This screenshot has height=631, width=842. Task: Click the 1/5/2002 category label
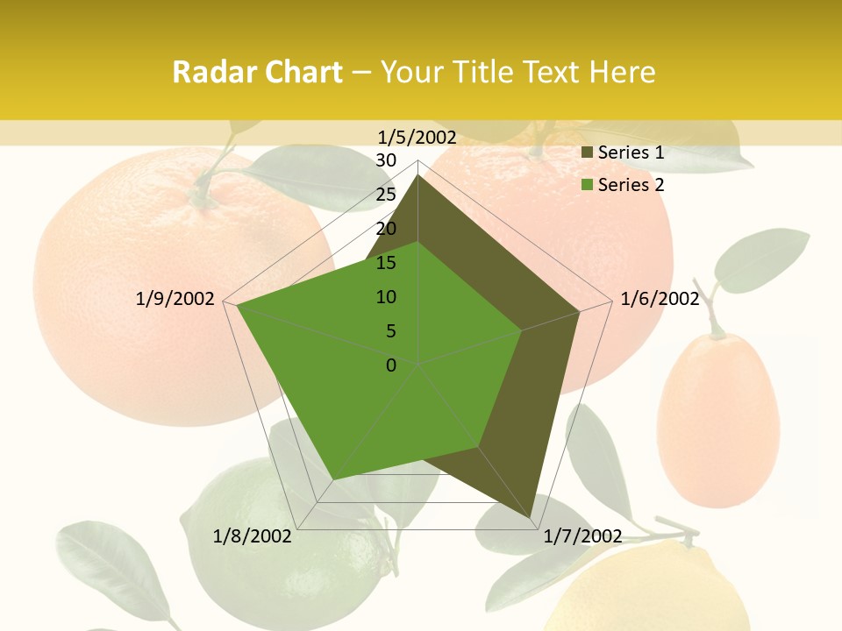[417, 138]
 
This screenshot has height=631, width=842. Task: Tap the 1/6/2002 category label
[660, 299]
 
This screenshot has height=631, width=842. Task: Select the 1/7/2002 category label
[583, 536]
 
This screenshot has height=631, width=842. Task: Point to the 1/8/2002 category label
[253, 536]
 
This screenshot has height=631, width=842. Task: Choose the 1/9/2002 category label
[175, 299]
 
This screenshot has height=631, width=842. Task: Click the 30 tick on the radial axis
[386, 160]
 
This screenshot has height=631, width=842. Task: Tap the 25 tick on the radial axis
[386, 195]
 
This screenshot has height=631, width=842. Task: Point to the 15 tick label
[386, 263]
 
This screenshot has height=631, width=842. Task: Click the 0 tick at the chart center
[391, 365]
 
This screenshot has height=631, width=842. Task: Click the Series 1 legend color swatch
[588, 153]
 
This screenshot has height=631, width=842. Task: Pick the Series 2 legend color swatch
[588, 185]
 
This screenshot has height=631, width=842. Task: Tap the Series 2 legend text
[631, 185]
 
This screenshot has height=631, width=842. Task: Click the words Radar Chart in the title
[257, 72]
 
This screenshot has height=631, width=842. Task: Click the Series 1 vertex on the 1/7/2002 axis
[532, 518]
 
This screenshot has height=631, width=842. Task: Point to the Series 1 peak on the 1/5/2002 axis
[418, 176]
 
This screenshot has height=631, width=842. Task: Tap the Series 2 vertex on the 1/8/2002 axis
[332, 480]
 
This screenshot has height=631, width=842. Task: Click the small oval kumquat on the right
[717, 419]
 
